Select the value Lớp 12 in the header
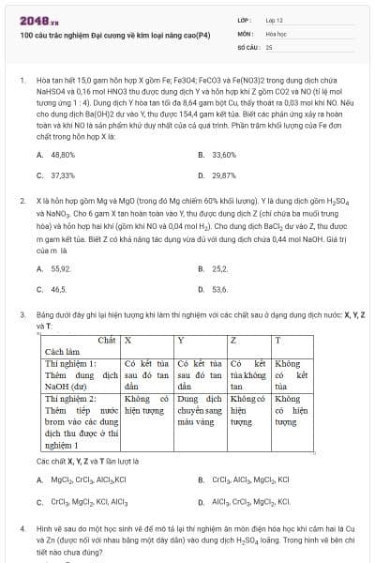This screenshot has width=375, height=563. click(275, 19)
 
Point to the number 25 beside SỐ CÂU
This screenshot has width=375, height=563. click(269, 46)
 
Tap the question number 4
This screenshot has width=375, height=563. click(21, 527)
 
